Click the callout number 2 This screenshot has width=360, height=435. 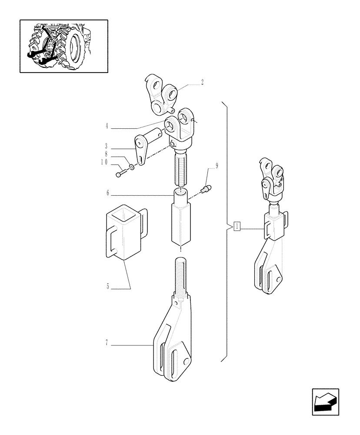(202, 82)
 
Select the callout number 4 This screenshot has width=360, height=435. (106, 128)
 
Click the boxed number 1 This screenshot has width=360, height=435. (237, 226)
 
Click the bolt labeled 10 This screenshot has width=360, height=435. (120, 174)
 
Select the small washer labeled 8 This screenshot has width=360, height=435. (131, 167)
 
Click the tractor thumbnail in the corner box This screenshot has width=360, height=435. (63, 46)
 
